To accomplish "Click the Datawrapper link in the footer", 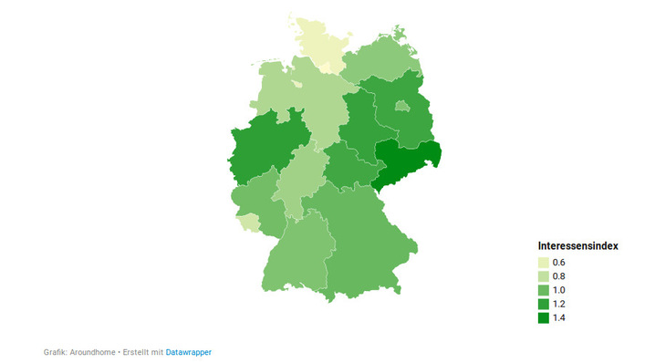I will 188,352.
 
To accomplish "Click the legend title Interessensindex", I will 578,245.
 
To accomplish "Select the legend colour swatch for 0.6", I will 543,263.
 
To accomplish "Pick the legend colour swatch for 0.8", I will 543,276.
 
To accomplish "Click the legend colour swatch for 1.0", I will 543,290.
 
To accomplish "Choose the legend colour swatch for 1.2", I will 543,304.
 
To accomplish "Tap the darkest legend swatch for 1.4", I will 543,317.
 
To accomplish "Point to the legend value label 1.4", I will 559,317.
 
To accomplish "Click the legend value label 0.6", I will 559,263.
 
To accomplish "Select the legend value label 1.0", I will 559,290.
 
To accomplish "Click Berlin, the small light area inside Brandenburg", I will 401,106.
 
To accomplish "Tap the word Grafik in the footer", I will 56,352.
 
